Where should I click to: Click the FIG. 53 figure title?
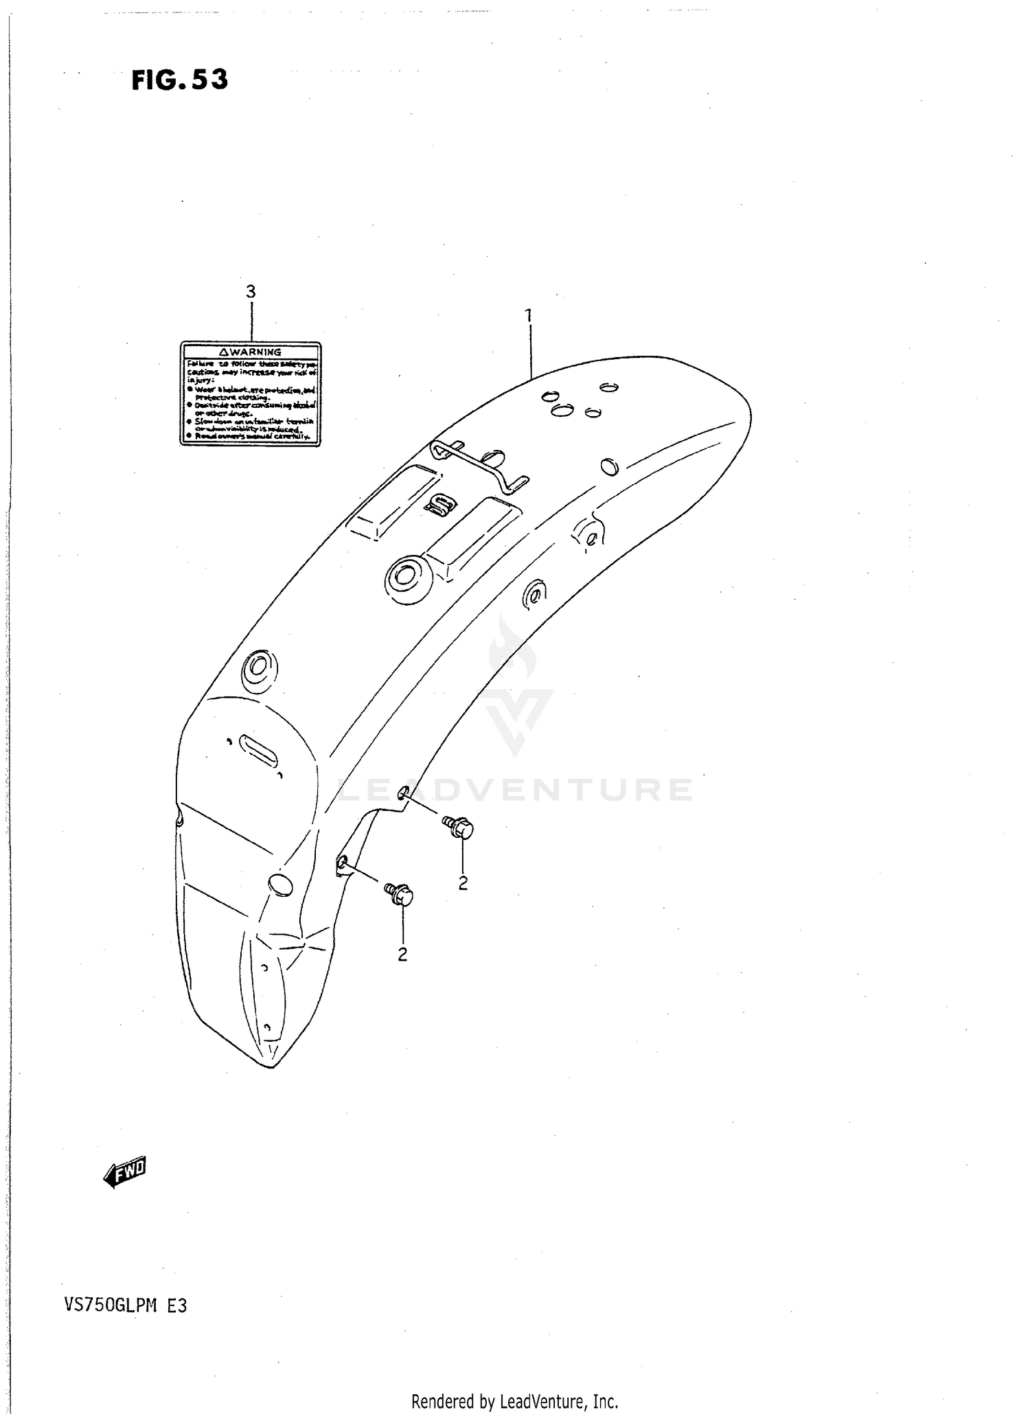point(179,80)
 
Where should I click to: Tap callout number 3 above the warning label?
point(251,292)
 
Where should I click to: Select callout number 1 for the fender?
point(528,315)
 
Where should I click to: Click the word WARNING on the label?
point(255,352)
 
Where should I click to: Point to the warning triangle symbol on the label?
point(223,352)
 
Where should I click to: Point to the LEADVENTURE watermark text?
point(514,790)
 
